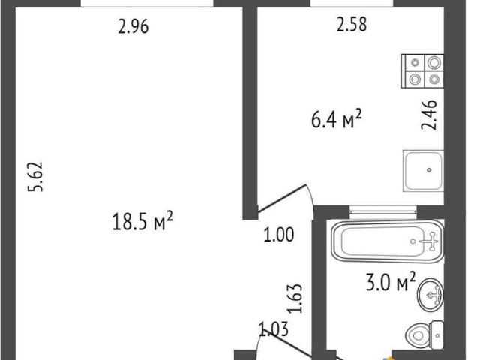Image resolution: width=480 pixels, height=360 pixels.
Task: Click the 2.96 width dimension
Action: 133,27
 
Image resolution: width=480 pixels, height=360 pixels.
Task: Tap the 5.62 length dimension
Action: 35,177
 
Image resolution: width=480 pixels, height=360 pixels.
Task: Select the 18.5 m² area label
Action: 142,221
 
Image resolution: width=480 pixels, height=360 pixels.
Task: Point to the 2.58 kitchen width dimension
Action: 352,25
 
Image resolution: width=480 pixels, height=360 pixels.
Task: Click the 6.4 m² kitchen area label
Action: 337,119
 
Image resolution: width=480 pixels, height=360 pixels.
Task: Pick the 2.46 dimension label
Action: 429,115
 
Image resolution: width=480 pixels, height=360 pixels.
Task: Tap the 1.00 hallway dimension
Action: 279,235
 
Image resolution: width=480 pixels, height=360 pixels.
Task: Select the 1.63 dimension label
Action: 295,298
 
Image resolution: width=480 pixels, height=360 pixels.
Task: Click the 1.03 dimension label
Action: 274,329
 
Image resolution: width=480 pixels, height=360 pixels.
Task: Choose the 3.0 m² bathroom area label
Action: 391,282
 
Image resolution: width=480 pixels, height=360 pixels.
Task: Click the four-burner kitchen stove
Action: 422,71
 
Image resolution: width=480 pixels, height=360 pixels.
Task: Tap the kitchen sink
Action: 423,171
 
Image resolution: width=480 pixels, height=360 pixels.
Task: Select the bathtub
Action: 388,241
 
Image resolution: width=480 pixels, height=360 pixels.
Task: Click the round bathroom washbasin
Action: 430,295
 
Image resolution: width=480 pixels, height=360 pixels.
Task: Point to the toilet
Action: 425,334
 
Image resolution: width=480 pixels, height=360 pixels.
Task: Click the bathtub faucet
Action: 431,241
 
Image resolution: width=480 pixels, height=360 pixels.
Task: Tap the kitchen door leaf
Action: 282,198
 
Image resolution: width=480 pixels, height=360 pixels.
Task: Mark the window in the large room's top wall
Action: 147,3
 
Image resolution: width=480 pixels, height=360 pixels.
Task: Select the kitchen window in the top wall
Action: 352,3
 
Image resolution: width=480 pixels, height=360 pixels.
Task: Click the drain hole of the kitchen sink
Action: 429,170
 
